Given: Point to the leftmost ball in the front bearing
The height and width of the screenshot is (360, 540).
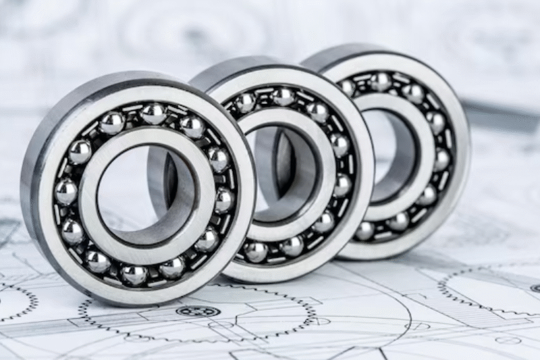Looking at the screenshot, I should (x=65, y=192).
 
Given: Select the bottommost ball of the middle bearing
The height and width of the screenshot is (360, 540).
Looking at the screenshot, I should (x=256, y=251).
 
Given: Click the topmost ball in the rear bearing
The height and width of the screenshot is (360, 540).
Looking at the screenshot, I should (x=381, y=82).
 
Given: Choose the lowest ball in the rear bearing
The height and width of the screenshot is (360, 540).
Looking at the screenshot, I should (x=365, y=231).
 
